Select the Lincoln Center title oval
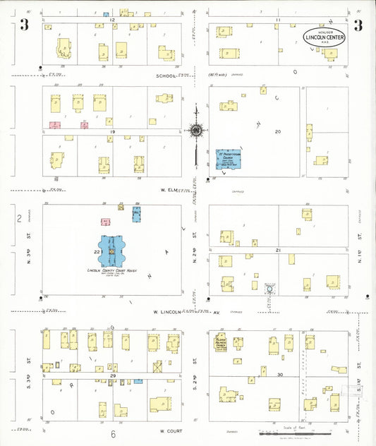click(x=325, y=38)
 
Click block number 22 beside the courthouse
click(x=96, y=251)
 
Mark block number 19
click(x=111, y=132)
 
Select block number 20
click(x=278, y=132)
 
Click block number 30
click(x=280, y=374)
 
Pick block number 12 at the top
click(x=113, y=20)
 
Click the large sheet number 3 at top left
click(x=24, y=26)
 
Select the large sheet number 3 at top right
click(x=357, y=26)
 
